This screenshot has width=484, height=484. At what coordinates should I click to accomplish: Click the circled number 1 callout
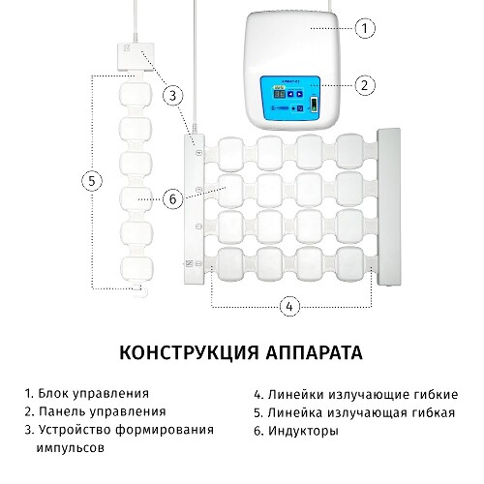coord(365,28)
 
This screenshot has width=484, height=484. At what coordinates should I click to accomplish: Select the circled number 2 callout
coord(365,85)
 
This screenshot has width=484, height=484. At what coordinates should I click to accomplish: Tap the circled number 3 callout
coord(173,96)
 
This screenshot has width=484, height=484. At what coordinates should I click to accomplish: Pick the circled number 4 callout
coord(289,306)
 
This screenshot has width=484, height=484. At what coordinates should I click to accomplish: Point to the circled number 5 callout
coord(92,181)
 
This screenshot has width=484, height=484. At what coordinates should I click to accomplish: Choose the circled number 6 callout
coord(173,198)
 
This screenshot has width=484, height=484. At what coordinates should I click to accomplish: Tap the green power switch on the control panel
coord(314,105)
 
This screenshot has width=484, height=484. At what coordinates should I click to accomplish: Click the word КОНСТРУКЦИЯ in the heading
coord(189,352)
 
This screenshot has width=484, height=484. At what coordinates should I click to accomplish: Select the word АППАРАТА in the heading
coord(315,352)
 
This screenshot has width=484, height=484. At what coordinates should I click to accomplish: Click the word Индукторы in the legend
coord(304,431)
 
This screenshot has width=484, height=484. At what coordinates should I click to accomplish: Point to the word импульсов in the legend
coord(71,448)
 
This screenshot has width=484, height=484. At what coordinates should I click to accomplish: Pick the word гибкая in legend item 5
coord(432,412)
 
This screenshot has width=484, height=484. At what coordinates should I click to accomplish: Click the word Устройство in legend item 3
coord(75,430)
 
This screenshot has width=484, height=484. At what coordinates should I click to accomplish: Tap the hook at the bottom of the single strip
coord(141,290)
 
